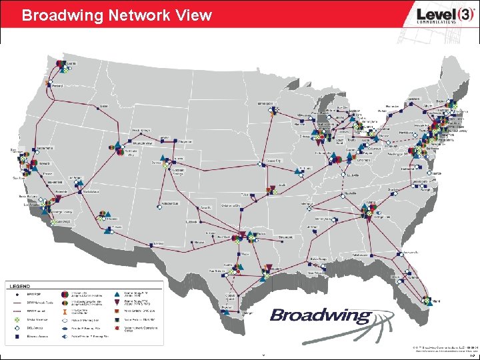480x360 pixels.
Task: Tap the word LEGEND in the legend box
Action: click(x=18, y=285)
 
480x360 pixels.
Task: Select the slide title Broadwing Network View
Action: click(x=117, y=15)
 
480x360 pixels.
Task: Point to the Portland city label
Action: click(x=57, y=86)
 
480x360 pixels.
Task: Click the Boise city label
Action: click(x=103, y=105)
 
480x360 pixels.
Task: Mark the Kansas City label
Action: click(x=273, y=161)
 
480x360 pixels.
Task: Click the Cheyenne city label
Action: click(x=185, y=141)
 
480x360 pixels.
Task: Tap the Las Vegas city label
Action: click(x=76, y=179)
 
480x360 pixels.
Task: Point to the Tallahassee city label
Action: click(x=361, y=255)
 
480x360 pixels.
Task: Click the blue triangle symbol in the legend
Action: click(x=117, y=293)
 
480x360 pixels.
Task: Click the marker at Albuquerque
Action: click(x=160, y=208)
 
